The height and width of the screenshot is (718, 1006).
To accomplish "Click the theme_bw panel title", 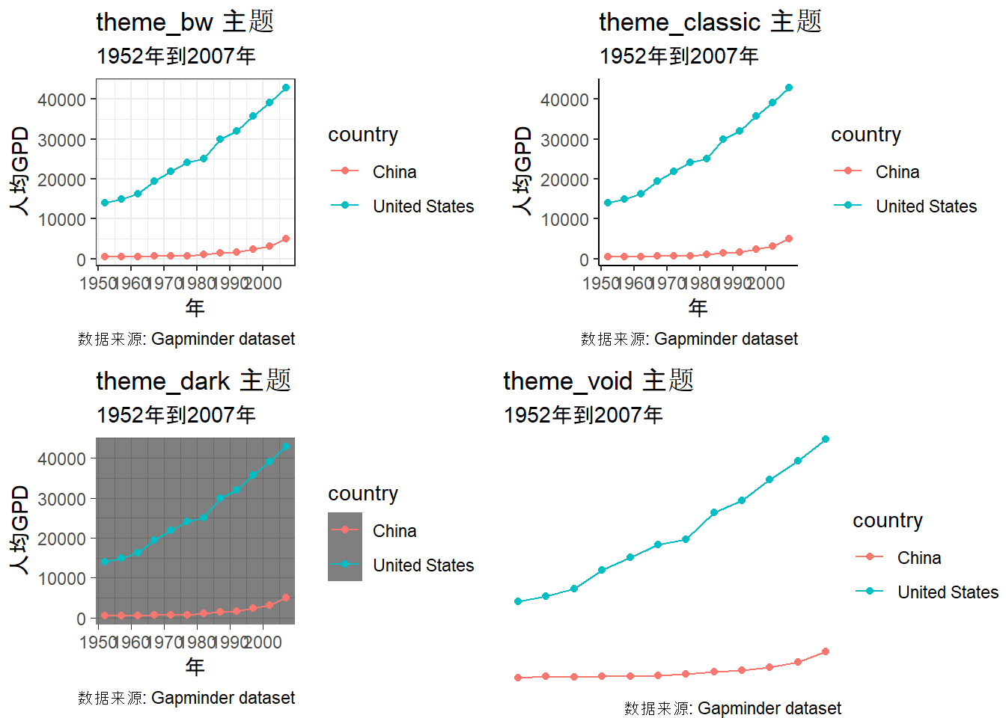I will (x=185, y=22).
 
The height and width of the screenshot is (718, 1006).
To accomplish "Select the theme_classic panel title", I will (x=710, y=22).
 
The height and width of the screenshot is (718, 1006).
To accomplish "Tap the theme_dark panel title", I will (x=193, y=381).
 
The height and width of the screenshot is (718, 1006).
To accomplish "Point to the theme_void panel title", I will (x=598, y=381).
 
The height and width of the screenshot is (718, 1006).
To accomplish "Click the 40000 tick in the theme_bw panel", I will (x=61, y=99).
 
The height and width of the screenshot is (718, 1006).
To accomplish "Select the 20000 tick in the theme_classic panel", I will (x=564, y=179).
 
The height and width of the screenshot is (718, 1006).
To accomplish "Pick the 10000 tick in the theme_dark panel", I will (x=61, y=578).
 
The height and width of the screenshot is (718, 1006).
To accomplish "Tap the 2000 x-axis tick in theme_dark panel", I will (x=263, y=642).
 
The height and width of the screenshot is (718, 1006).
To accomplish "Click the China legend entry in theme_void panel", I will (x=918, y=558).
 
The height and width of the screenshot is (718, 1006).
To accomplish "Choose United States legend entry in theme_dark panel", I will (x=423, y=565).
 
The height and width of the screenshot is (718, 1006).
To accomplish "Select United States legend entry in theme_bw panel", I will (x=423, y=206).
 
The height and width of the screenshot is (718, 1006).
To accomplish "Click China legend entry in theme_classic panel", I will (x=897, y=172).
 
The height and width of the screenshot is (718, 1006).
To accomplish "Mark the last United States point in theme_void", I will (x=826, y=439).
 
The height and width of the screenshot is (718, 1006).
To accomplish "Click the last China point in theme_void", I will (x=826, y=651).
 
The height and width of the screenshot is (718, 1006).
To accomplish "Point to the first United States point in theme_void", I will (x=518, y=601).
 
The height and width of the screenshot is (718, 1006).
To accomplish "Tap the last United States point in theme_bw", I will (x=286, y=88).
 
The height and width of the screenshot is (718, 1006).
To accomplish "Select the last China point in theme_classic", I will (x=789, y=239).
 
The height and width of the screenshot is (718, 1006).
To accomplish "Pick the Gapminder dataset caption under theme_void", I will (x=732, y=708).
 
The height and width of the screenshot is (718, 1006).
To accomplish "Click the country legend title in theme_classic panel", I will (x=865, y=135).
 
